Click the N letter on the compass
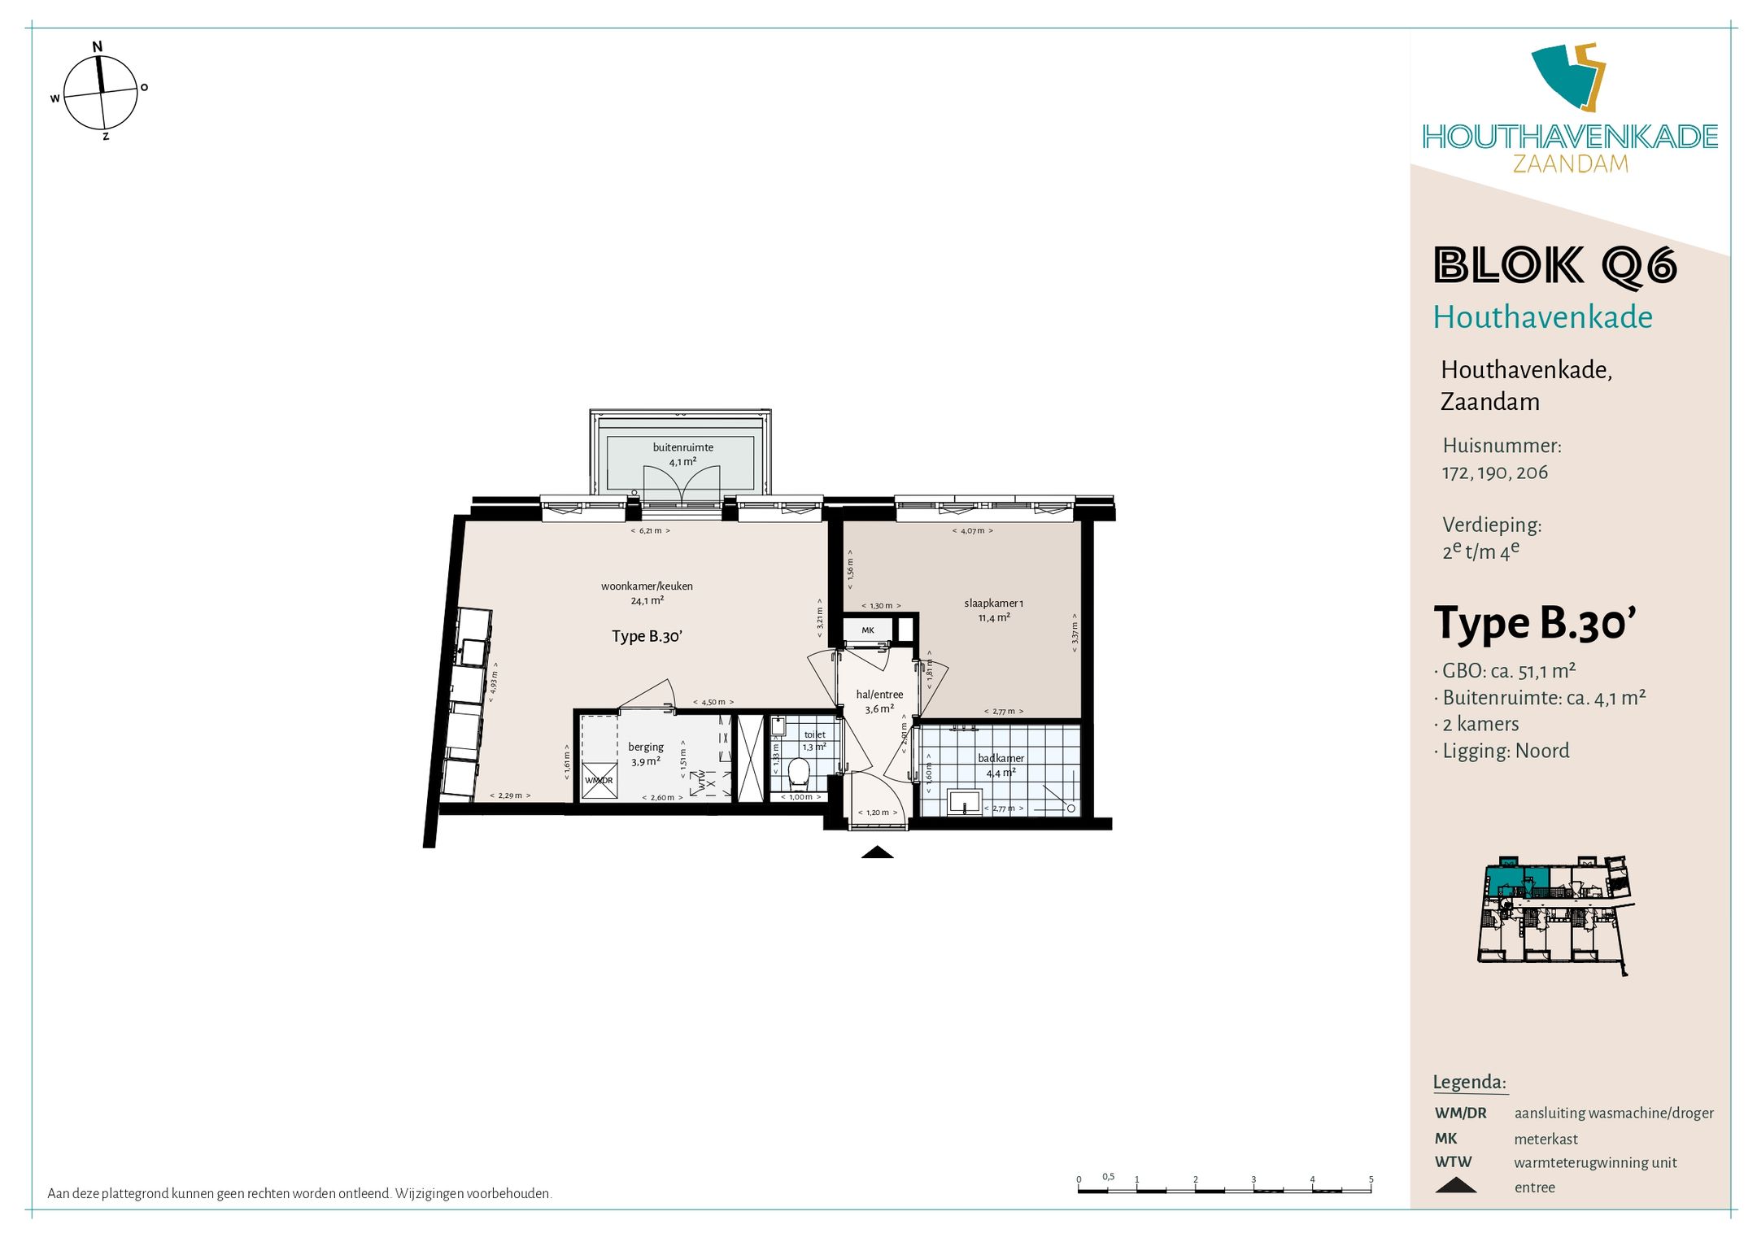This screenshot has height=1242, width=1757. (98, 46)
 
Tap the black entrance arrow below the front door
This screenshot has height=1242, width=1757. (877, 852)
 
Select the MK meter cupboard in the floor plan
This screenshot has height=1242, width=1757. (868, 630)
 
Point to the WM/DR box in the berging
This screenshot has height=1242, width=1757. (599, 780)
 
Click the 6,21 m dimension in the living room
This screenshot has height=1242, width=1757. (650, 531)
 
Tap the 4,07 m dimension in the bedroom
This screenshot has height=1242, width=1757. (972, 531)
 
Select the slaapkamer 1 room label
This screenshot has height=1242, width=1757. (993, 604)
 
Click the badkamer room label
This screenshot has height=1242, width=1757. (1001, 758)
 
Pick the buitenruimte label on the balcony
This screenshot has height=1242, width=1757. (682, 447)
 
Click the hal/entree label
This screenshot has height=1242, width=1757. (879, 695)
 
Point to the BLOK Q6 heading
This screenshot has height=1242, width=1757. (1554, 266)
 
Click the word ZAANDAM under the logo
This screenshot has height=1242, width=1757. (1570, 163)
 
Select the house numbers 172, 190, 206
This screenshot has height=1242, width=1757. (1495, 473)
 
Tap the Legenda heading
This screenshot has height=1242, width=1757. (1469, 1082)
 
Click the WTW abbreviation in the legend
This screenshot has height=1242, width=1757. (1453, 1162)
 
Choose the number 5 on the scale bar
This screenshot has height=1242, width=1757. (1371, 1179)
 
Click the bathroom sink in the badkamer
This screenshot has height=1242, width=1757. (965, 802)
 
